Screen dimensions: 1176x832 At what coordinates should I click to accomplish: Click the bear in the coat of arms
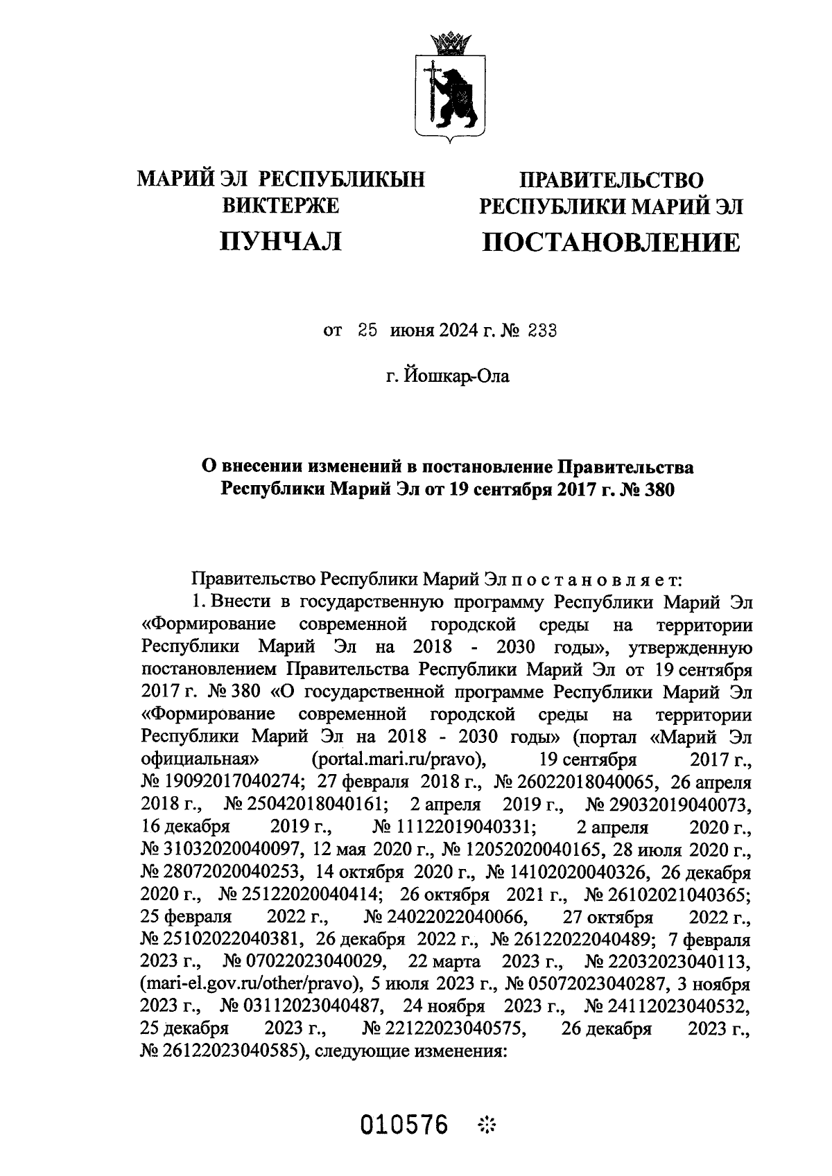click(x=454, y=96)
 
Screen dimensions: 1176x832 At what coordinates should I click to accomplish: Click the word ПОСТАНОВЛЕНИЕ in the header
click(x=611, y=242)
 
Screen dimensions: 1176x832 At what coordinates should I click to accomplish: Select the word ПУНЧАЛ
click(x=280, y=241)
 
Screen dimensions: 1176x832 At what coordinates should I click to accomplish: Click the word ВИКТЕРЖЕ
click(x=280, y=206)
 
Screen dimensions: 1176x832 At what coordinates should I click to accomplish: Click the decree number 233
click(x=541, y=331)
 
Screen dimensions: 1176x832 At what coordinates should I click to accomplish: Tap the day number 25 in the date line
click(x=367, y=331)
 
